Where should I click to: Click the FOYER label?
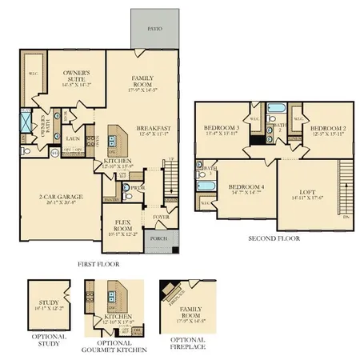(160, 217)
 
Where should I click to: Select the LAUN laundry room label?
(71, 138)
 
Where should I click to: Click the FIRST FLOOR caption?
(99, 262)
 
